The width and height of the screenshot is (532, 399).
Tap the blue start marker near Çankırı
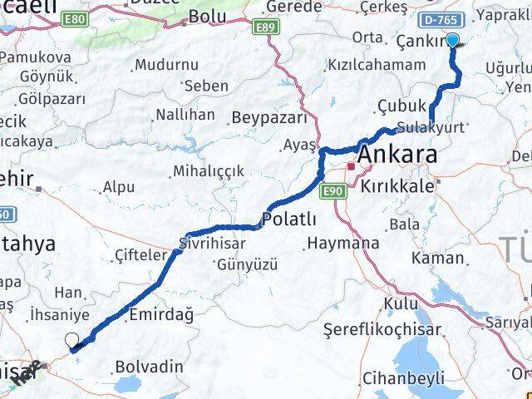point(453,40)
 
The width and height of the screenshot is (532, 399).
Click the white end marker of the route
point(72,340)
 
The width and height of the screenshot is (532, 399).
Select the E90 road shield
point(333,191)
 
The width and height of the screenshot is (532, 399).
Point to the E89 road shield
point(265,27)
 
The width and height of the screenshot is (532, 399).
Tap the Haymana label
point(342,244)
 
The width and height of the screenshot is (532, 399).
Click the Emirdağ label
point(161,315)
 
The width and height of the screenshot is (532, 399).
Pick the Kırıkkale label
point(396,186)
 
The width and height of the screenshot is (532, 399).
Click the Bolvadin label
point(149,365)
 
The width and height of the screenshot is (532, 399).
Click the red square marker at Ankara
point(351,167)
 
